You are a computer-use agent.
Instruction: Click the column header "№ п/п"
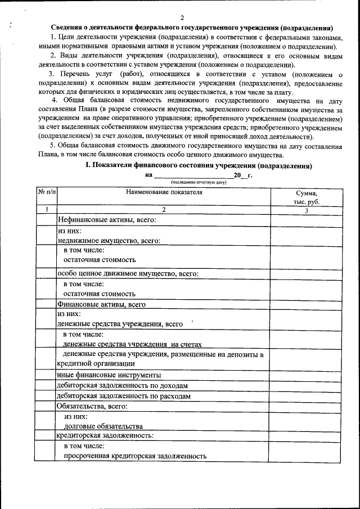[47, 192]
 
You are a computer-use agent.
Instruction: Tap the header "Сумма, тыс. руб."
[306, 197]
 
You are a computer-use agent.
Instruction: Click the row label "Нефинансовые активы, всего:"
[106, 220]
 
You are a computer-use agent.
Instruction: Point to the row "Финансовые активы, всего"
[102, 304]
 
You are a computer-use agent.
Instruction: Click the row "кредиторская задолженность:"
[104, 435]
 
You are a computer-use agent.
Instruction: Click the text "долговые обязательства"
[98, 426]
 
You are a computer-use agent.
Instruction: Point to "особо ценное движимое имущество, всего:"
[128, 274]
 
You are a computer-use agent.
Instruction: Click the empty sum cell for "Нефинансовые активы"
[306, 220]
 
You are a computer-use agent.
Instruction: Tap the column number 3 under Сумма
[306, 210]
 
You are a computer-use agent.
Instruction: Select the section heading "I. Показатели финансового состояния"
[198, 166]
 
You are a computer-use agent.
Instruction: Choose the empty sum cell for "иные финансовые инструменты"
[306, 375]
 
